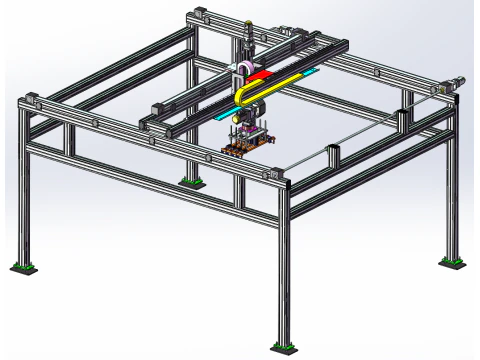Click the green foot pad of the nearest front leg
tap(282, 348)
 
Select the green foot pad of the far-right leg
tap(452, 262)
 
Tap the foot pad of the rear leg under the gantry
tap(189, 181)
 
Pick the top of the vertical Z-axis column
tap(243, 22)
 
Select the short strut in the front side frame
tap(240, 186)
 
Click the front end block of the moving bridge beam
tap(150, 125)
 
